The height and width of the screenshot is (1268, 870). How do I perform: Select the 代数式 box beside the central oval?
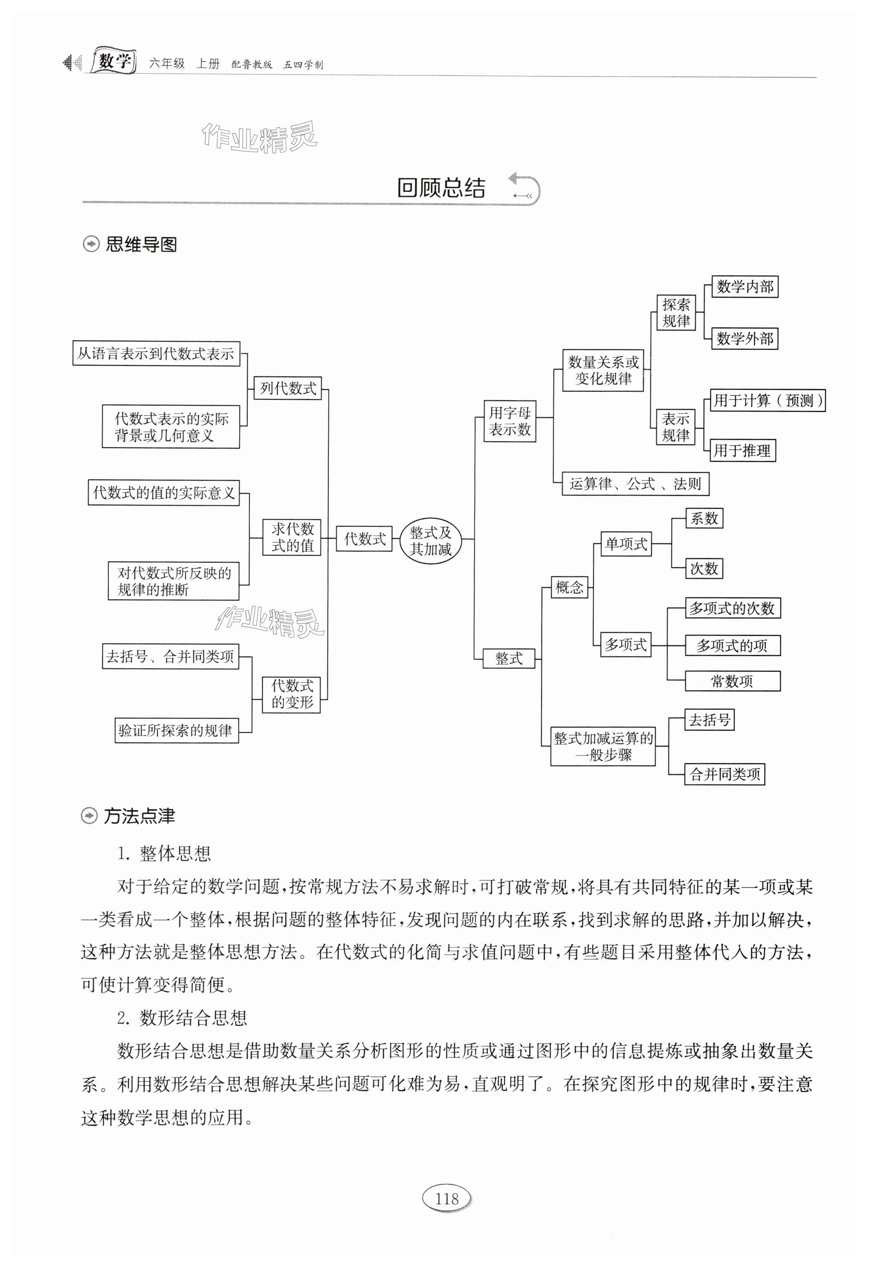[x=364, y=539]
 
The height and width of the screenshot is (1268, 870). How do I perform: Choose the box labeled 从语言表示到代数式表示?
[x=156, y=353]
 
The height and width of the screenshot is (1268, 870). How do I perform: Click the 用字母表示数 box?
[x=509, y=421]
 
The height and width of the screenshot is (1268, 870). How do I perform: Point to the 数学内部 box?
[x=744, y=287]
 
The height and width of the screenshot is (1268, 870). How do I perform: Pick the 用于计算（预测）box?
[x=767, y=400]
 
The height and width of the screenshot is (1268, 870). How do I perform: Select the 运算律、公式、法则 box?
[x=635, y=484]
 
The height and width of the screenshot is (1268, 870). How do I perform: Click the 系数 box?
[x=704, y=518]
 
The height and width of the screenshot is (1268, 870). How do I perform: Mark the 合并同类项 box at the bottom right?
[x=724, y=774]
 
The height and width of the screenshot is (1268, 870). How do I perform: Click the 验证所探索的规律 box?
[x=176, y=731]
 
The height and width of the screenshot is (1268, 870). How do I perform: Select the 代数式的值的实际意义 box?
[x=164, y=493]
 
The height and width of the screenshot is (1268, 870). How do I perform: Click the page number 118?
[x=447, y=1199]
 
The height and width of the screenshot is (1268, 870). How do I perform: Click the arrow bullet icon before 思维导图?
[x=90, y=244]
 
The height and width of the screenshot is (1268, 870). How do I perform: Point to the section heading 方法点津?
[x=139, y=816]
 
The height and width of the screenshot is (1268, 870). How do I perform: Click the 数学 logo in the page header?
[x=113, y=61]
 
